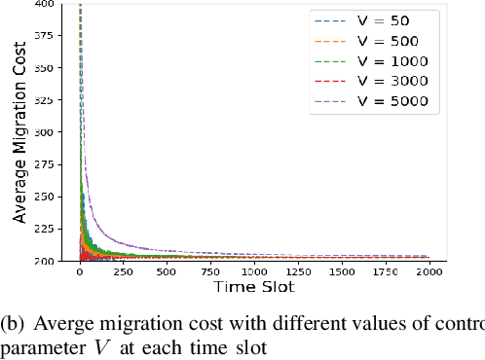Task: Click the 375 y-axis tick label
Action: [45, 34]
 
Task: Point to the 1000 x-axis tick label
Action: [253, 272]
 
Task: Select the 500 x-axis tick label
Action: [167, 272]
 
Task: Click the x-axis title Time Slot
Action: [253, 288]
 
